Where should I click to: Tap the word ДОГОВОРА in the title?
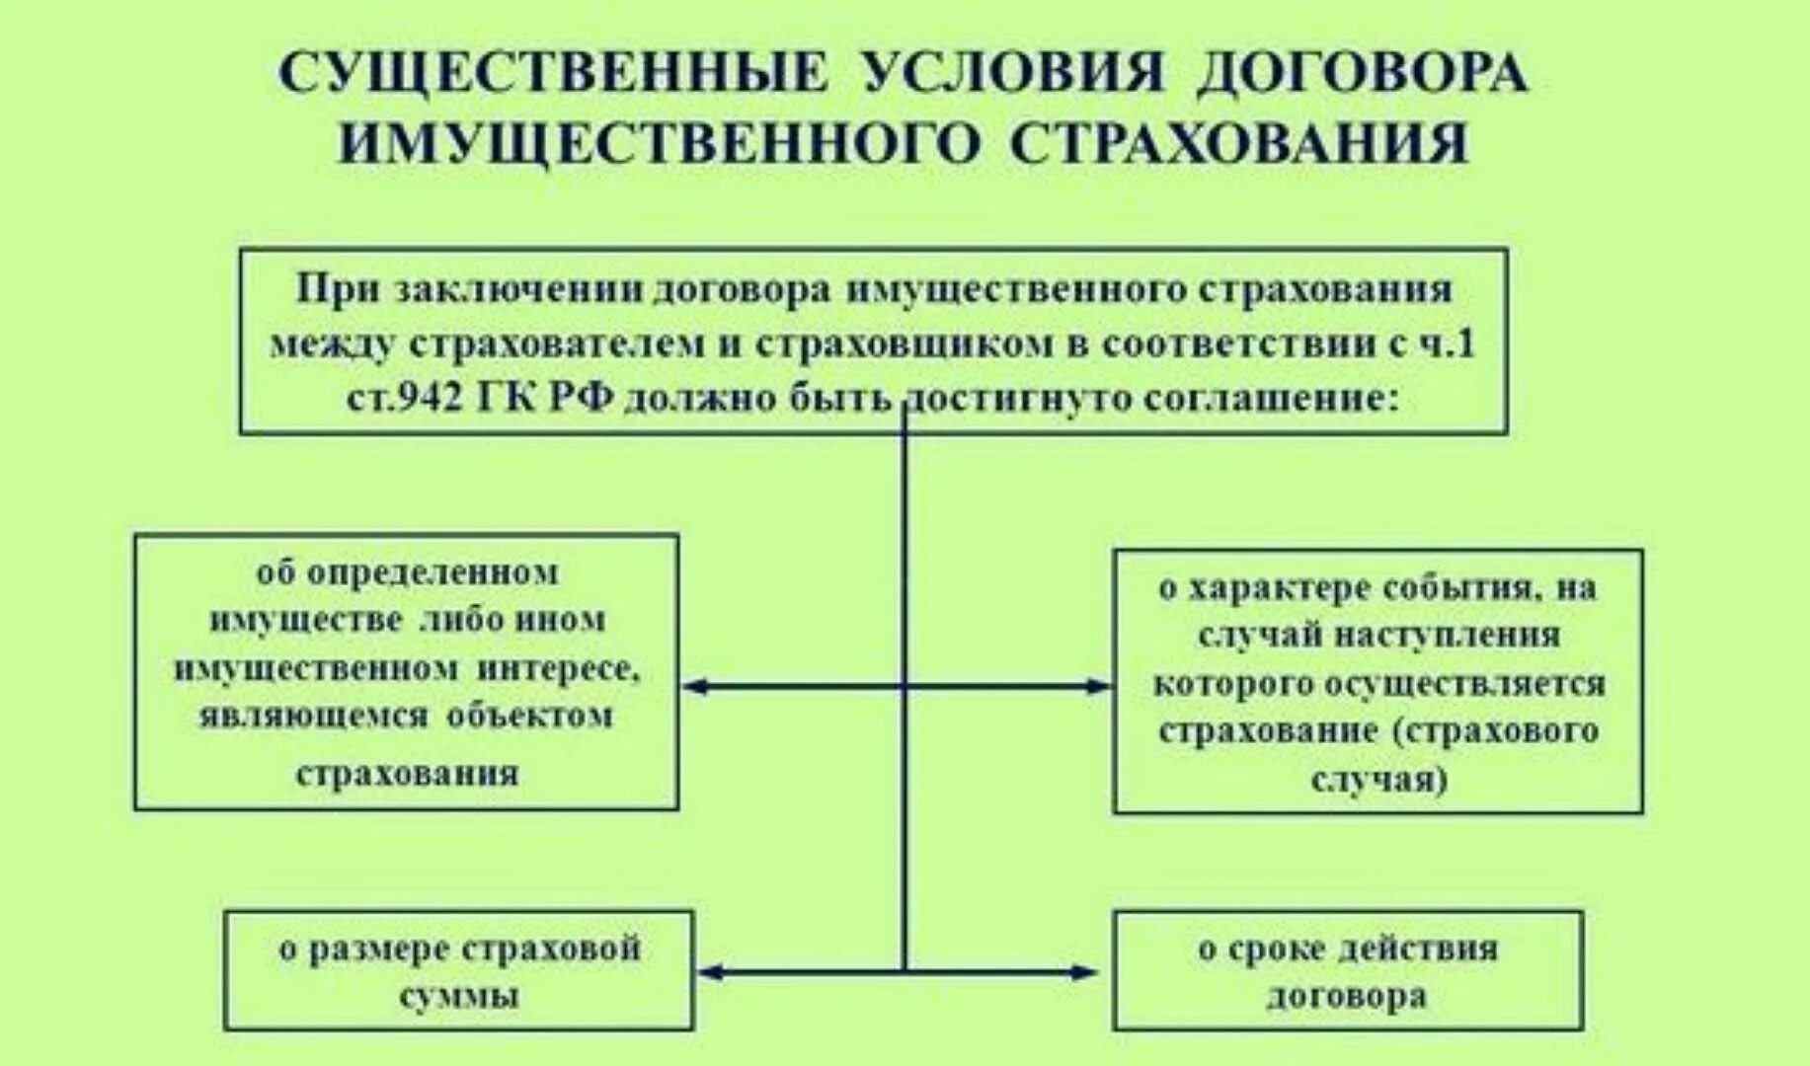coord(1363,74)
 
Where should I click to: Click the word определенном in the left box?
coord(433,573)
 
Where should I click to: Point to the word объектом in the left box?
coord(529,717)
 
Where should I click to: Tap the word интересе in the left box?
coord(561,669)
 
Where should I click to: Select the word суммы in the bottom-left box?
coord(459,996)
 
